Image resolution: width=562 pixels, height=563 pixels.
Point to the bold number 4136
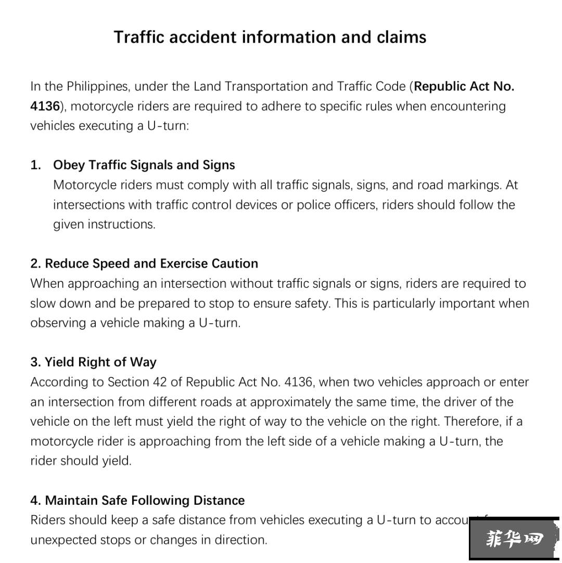click(45, 106)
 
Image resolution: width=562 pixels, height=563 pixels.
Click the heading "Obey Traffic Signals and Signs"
click(144, 165)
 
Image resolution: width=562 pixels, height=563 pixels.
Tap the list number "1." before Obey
click(36, 165)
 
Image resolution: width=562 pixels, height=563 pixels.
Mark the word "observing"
click(58, 323)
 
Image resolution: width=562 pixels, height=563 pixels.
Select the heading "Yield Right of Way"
click(94, 362)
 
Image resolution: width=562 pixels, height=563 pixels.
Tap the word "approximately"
click(290, 402)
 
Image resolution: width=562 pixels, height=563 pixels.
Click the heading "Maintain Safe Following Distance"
click(137, 501)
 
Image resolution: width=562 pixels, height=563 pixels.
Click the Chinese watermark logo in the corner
click(514, 539)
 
